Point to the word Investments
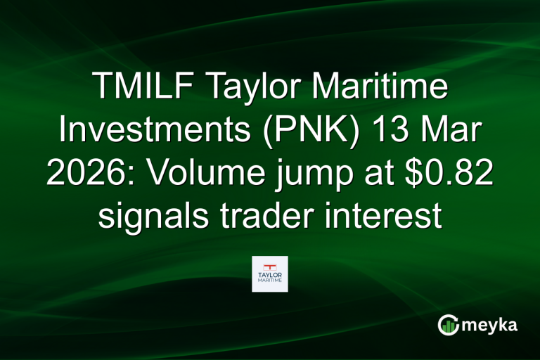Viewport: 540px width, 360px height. pos(155,134)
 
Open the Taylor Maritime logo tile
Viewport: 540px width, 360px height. pos(270,274)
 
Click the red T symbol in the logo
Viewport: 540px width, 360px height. pos(270,266)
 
